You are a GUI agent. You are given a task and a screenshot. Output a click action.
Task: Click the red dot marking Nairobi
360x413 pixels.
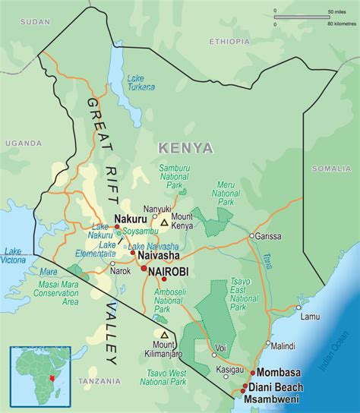143,268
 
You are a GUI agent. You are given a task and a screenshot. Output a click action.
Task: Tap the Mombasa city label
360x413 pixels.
283,374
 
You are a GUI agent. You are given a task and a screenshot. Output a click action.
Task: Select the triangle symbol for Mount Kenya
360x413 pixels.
163,222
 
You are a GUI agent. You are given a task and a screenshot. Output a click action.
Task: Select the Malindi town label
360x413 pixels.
283,345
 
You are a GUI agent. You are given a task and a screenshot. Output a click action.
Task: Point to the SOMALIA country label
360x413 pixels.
331,167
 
